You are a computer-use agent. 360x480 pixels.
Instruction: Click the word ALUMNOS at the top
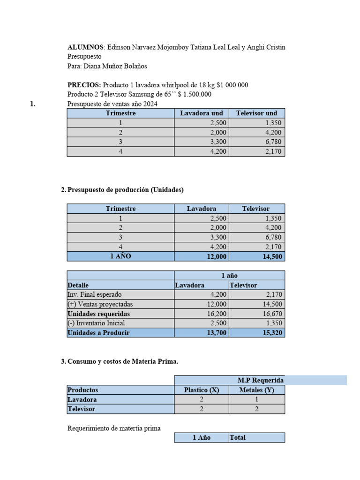85,47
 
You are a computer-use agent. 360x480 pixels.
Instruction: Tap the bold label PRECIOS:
84,85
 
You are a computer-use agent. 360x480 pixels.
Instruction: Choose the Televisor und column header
256,113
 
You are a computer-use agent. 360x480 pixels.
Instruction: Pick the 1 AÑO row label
120,256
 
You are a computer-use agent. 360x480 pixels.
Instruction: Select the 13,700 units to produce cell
216,332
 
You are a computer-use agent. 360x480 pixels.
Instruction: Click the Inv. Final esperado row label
94,294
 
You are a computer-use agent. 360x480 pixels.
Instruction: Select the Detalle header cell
78,285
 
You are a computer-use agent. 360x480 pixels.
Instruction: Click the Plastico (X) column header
202,390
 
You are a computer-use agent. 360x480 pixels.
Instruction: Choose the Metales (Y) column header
256,390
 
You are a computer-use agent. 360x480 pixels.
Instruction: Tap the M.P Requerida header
260,380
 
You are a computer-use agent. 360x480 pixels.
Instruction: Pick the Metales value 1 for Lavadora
256,399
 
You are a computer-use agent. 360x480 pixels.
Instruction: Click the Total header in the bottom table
238,437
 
